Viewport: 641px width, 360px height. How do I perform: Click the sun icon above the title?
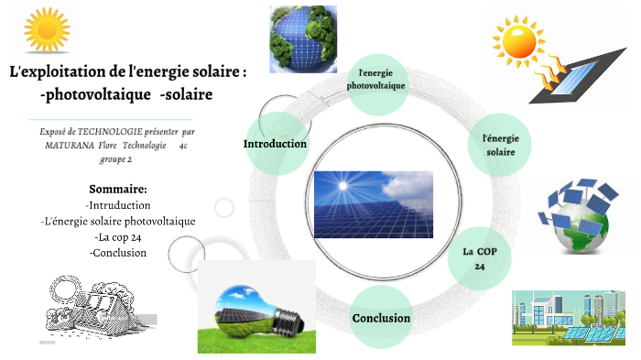45,28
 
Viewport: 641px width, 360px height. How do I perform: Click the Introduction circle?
275,144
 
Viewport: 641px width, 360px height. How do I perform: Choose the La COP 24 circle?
479,257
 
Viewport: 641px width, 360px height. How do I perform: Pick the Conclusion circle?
381,318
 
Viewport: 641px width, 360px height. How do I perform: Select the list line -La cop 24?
118,236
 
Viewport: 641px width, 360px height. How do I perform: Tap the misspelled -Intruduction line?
118,205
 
